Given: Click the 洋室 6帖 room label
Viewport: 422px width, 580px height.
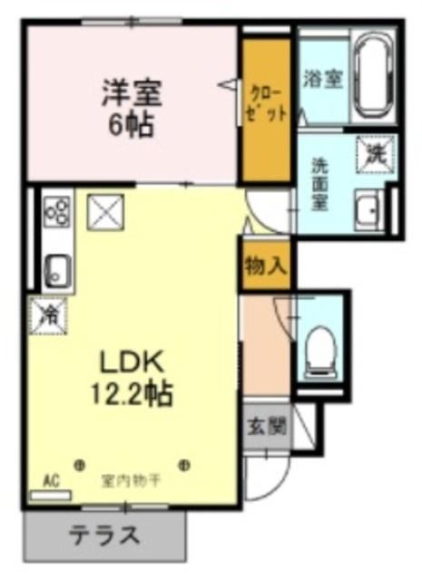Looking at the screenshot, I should (x=132, y=106).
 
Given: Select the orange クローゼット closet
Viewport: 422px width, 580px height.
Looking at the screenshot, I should (x=264, y=107).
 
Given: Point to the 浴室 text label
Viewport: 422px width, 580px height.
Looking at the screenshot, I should (x=323, y=78).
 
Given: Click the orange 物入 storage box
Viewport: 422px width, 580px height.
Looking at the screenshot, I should (x=264, y=266).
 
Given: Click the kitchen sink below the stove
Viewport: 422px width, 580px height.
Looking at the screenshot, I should (x=57, y=269).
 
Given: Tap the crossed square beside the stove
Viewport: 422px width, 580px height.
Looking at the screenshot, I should (x=100, y=212).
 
